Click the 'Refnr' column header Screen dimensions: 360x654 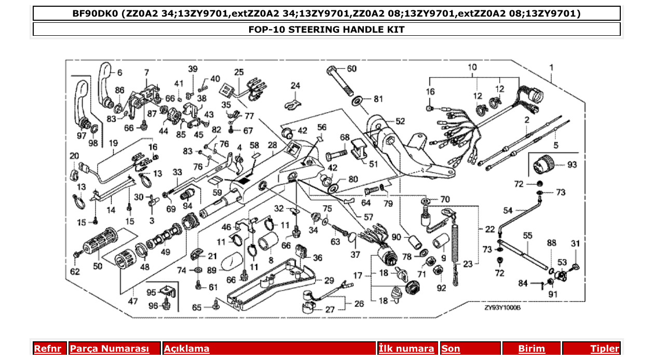pos(47,349)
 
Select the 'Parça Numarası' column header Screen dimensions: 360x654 pos(110,349)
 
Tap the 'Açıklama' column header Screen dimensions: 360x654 pos(187,349)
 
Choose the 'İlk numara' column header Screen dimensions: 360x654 pos(406,349)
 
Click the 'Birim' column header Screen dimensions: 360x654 pos(532,349)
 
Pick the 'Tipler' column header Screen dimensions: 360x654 pos(604,349)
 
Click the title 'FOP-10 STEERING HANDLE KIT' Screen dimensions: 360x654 pos(326,30)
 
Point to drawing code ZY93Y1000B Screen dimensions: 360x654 pos(502,308)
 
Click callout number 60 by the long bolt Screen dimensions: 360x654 pos(351,69)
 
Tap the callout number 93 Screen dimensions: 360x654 pos(571,165)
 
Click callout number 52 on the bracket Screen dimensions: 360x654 pos(400,121)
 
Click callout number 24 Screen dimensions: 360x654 pos(295,86)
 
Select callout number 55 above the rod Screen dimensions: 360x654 pos(527,236)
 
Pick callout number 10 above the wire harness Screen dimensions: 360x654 pos(472,67)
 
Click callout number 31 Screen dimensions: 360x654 pos(575,244)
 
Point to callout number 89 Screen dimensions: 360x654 pos(212,270)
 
